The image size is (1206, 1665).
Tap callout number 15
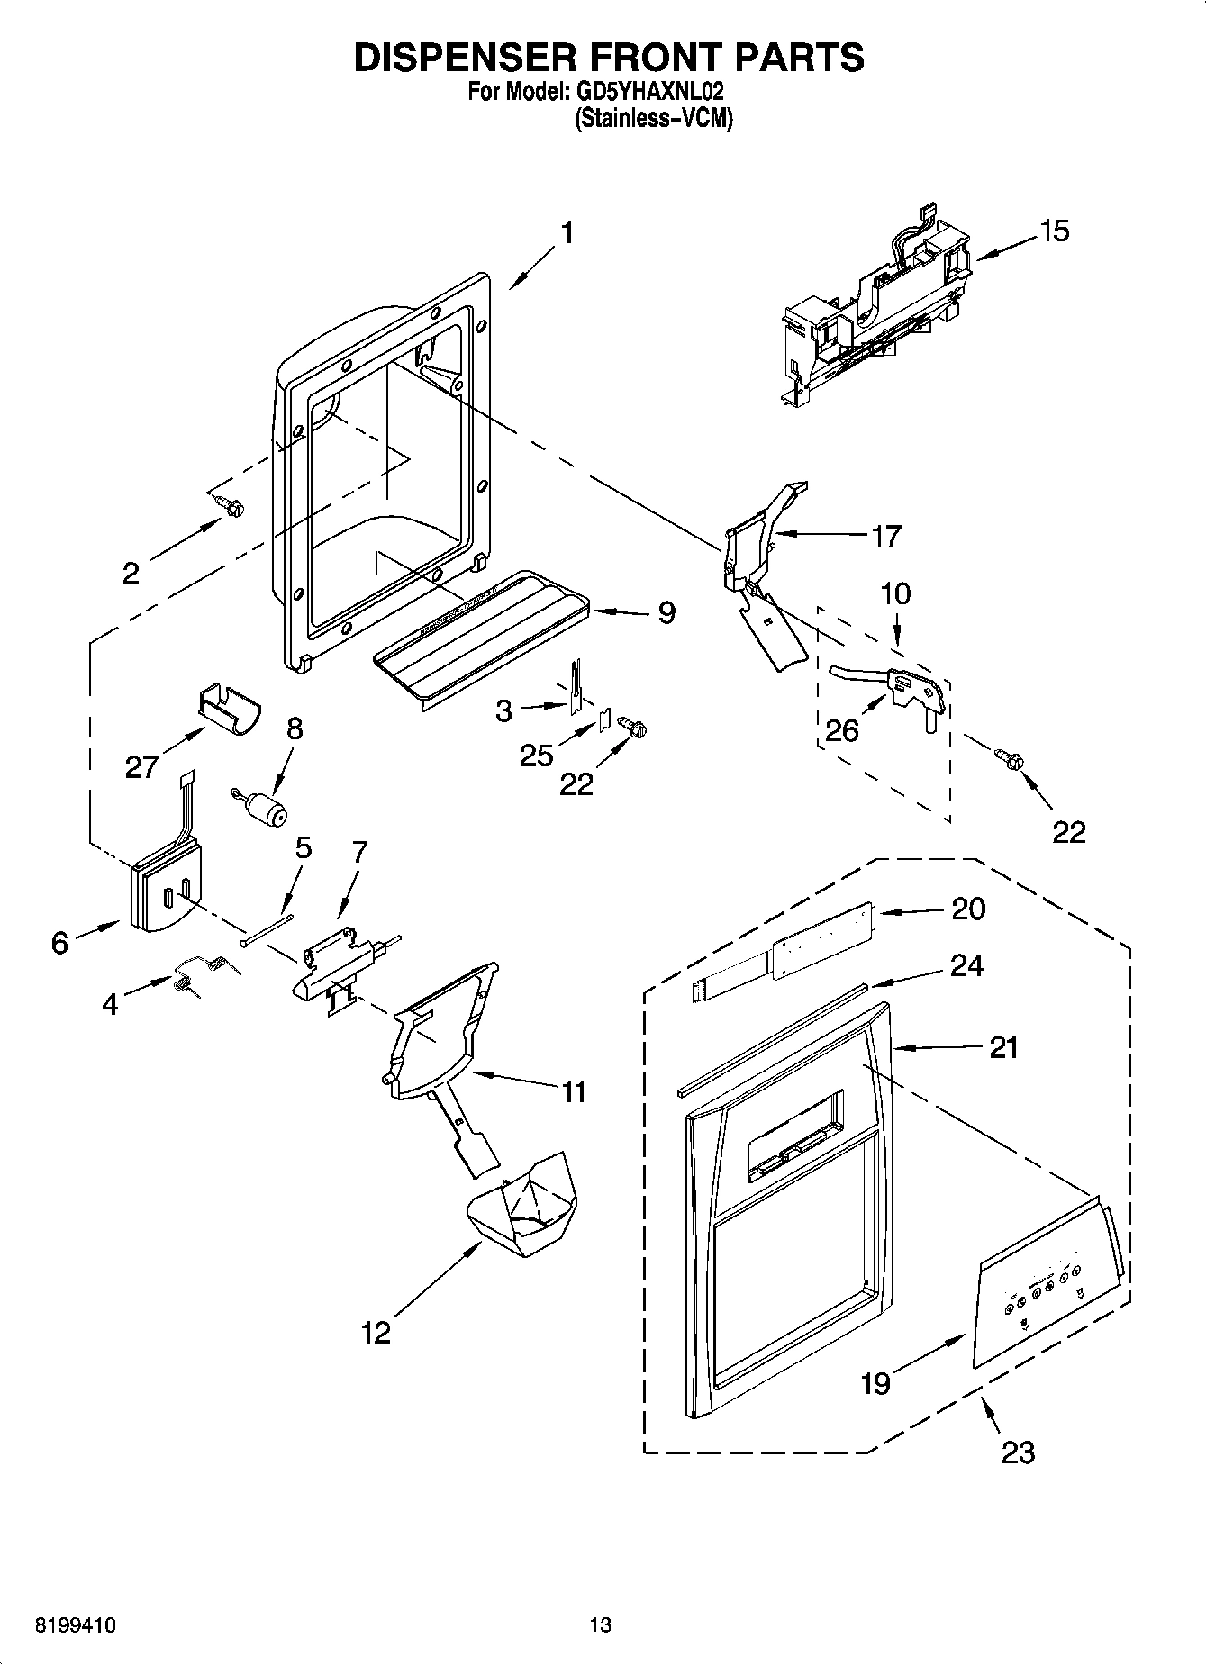1054,231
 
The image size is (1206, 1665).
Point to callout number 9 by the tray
666,613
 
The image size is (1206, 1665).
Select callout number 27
141,766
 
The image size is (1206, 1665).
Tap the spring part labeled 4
204,973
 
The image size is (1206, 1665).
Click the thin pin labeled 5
267,929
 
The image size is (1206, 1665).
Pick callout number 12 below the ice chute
376,1332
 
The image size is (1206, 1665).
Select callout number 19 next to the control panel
875,1382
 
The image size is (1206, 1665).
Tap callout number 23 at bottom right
1018,1452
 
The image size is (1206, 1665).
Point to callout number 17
886,536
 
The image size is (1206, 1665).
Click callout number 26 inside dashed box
842,729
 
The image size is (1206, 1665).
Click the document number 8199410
75,1625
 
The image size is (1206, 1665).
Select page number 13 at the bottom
600,1625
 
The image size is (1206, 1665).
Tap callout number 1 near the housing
567,233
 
